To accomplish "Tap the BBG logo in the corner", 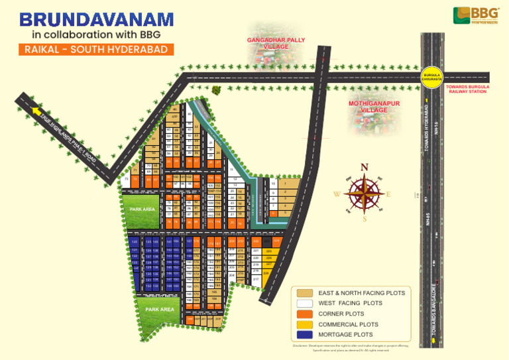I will pyautogui.click(x=471, y=15).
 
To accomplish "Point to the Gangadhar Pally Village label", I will pyautogui.click(x=276, y=44).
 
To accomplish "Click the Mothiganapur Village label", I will pyautogui.click(x=374, y=107).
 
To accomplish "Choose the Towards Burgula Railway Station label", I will pyautogui.click(x=467, y=90).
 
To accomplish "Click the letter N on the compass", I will pyautogui.click(x=363, y=167).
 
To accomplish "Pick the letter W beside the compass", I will pyautogui.click(x=337, y=194).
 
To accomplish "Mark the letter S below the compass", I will pyautogui.click(x=364, y=219).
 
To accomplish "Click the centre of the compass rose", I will pyautogui.click(x=363, y=193).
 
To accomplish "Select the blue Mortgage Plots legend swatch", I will pyautogui.click(x=305, y=335).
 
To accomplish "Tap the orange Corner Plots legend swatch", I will pyautogui.click(x=305, y=314).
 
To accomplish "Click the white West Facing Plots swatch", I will pyautogui.click(x=305, y=303).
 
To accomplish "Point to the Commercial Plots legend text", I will pyautogui.click(x=348, y=324).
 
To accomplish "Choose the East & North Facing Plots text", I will pyautogui.click(x=361, y=292).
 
